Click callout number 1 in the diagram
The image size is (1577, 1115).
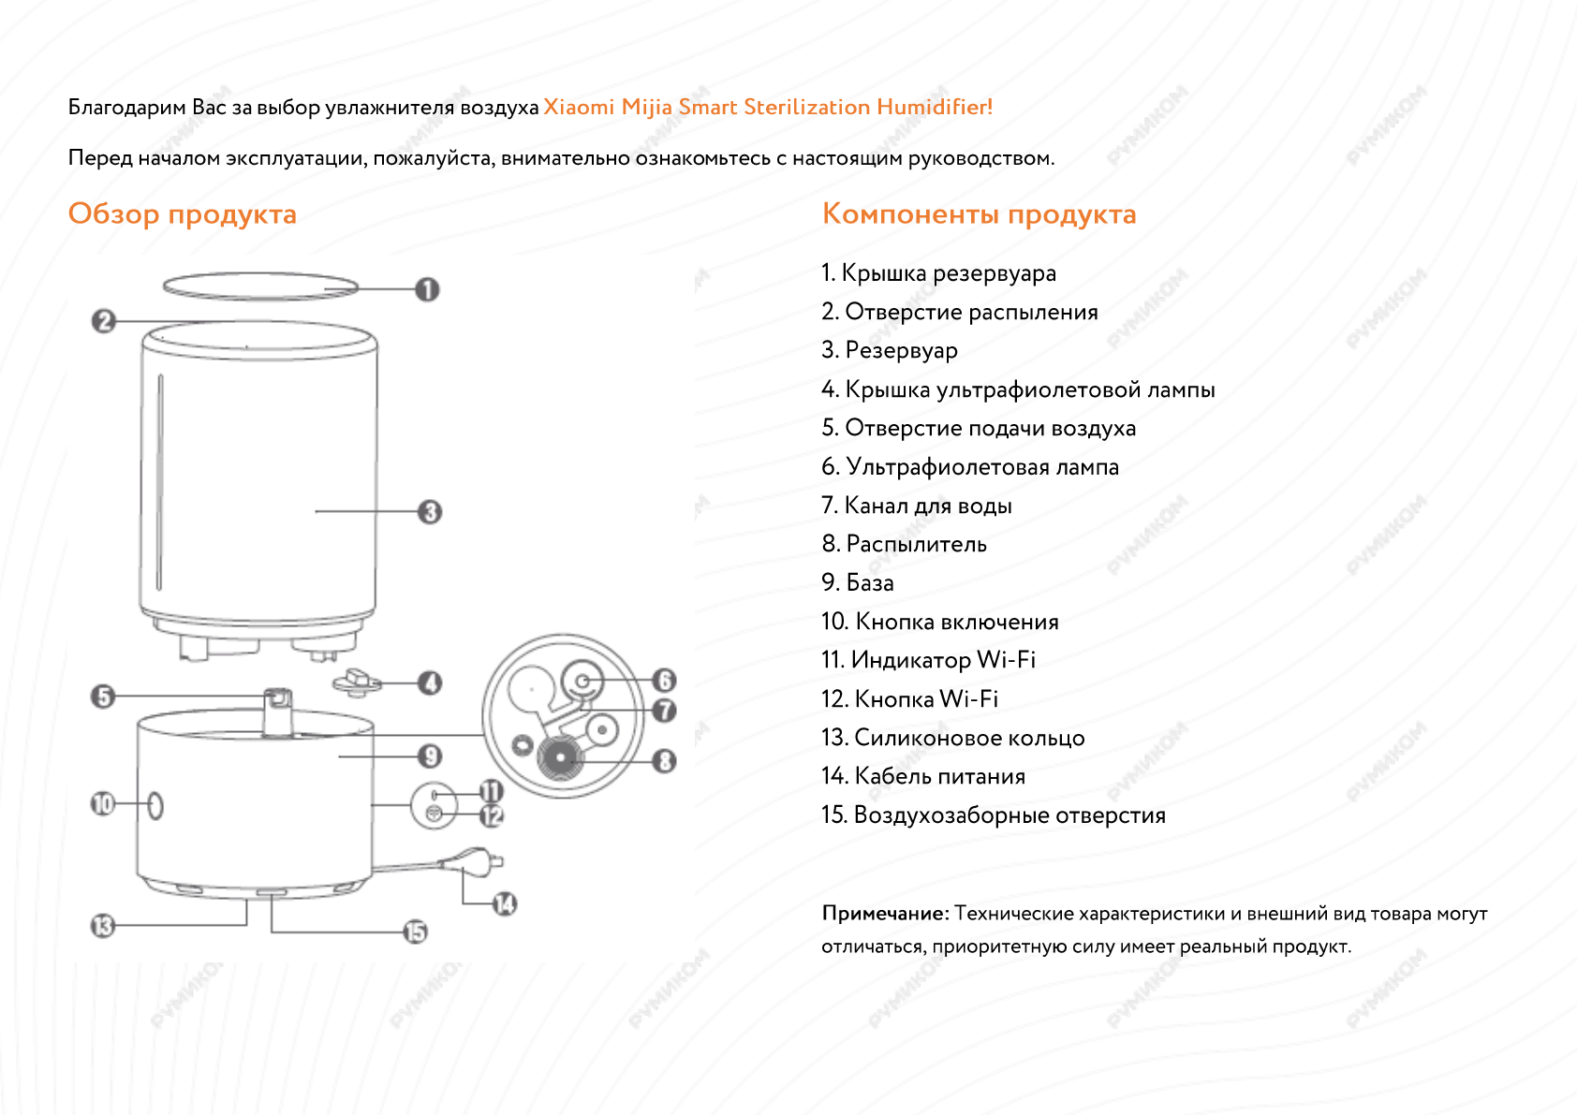tap(427, 289)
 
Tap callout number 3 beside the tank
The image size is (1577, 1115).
tap(430, 512)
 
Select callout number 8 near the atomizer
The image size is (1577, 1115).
tap(664, 761)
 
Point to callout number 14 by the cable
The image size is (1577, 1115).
tap(505, 903)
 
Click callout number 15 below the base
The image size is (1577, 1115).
tap(415, 932)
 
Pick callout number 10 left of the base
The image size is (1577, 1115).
tap(102, 803)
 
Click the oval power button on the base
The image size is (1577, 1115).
tap(155, 805)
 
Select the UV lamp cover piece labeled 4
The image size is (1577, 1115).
tap(357, 682)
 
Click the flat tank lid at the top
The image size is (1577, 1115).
tap(260, 286)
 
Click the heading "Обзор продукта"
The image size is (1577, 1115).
tap(182, 214)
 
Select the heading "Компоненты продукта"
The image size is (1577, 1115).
tap(979, 214)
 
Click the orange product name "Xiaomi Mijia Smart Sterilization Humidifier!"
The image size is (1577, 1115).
tap(767, 107)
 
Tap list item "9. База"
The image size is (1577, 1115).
tap(857, 582)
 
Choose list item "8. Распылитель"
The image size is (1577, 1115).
tap(904, 544)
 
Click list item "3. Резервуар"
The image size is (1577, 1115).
tap(889, 350)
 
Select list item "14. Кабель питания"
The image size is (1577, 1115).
tap(922, 776)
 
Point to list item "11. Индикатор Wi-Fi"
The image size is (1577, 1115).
tap(928, 660)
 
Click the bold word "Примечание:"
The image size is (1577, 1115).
tap(885, 913)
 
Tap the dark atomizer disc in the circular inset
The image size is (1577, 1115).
tap(560, 757)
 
